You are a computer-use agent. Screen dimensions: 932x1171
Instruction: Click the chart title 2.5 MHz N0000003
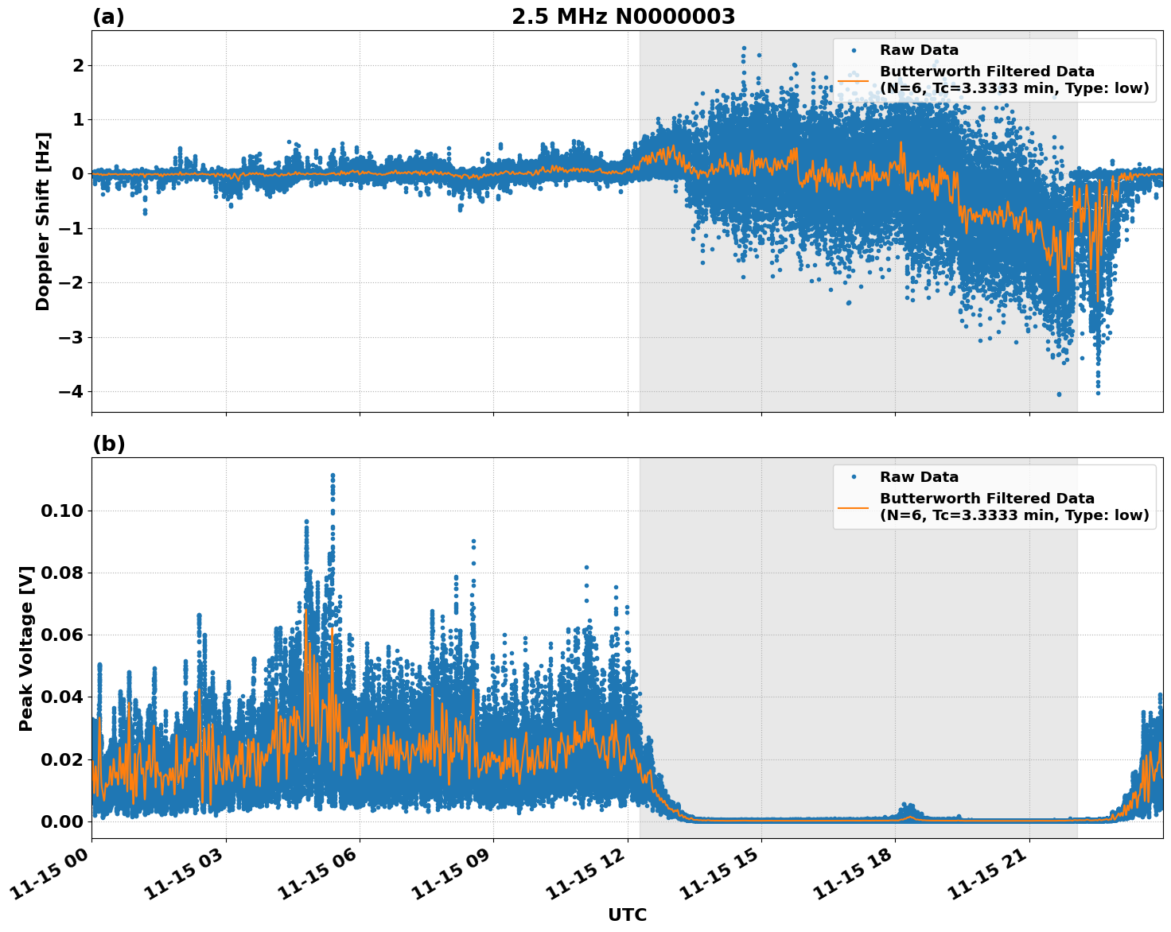pyautogui.click(x=623, y=17)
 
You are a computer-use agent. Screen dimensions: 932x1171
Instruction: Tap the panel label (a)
pyautogui.click(x=108, y=17)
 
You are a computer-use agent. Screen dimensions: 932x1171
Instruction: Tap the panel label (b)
pyautogui.click(x=108, y=444)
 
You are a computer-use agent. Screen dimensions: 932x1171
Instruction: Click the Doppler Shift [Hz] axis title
pyautogui.click(x=43, y=221)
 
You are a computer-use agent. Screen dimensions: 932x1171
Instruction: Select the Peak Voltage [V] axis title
pyautogui.click(x=26, y=648)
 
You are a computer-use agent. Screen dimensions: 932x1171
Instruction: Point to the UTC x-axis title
pyautogui.click(x=627, y=915)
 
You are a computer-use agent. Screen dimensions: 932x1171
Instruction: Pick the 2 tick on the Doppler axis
pyautogui.click(x=77, y=65)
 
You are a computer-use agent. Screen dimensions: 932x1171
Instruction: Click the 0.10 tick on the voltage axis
pyautogui.click(x=62, y=511)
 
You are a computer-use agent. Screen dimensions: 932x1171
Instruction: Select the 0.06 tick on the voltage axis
pyautogui.click(x=62, y=635)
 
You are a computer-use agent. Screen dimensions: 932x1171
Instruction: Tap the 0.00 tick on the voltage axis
pyautogui.click(x=62, y=821)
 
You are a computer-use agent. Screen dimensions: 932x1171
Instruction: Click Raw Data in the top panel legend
pyautogui.click(x=919, y=50)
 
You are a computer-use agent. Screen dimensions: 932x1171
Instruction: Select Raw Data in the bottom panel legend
pyautogui.click(x=919, y=477)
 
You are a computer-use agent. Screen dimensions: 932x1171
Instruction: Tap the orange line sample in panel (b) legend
pyautogui.click(x=854, y=507)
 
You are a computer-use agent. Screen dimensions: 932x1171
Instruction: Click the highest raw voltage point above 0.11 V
pyautogui.click(x=333, y=476)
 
